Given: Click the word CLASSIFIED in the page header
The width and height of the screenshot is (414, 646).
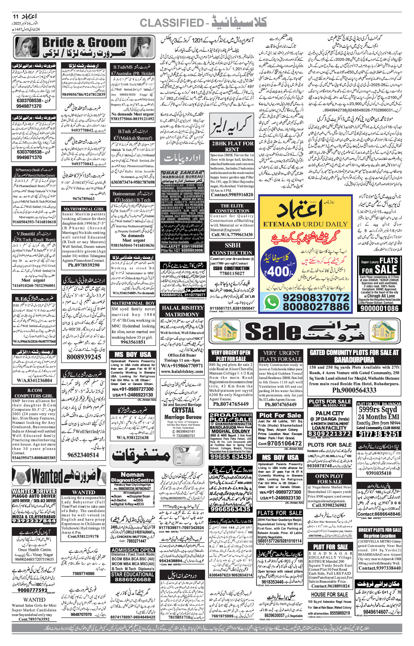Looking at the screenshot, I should click(x=171, y=23).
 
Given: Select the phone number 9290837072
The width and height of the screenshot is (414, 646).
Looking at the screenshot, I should click(x=316, y=297).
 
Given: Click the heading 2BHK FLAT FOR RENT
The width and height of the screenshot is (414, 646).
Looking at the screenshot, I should click(x=232, y=146).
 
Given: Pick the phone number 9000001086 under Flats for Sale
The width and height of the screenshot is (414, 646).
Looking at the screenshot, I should click(x=379, y=308).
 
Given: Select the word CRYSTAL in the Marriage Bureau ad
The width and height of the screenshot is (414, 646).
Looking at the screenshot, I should click(x=183, y=410).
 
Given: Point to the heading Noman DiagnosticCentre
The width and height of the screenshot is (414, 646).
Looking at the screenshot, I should click(x=132, y=477).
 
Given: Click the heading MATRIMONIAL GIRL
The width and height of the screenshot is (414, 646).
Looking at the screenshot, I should click(x=84, y=209).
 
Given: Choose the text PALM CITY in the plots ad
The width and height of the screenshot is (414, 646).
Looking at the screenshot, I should click(x=330, y=413).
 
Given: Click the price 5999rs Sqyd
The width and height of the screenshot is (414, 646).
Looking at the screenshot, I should click(x=378, y=410).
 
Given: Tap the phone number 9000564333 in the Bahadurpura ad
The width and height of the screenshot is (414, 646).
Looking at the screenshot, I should click(x=354, y=390).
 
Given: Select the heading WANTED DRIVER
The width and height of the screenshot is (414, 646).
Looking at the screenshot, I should click(x=34, y=491).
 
